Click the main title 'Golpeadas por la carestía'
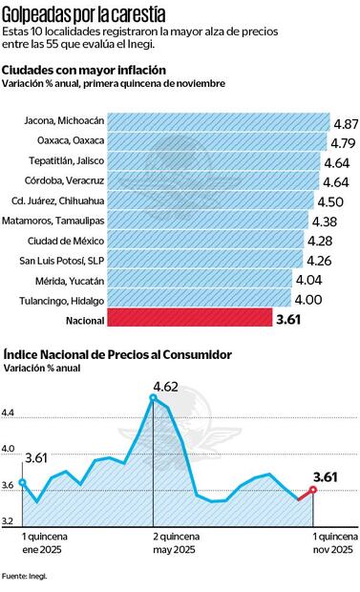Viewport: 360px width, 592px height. tap(83, 14)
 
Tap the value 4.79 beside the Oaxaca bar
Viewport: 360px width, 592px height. tap(344, 144)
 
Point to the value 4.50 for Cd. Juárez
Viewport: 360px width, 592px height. tap(330, 202)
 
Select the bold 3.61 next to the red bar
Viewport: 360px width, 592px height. tap(288, 320)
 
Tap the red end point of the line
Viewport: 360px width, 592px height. tap(312, 490)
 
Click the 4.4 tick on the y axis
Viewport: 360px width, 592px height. tap(9, 412)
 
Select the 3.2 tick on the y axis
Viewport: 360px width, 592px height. tap(9, 521)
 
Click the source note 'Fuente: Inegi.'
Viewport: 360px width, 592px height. tap(24, 577)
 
